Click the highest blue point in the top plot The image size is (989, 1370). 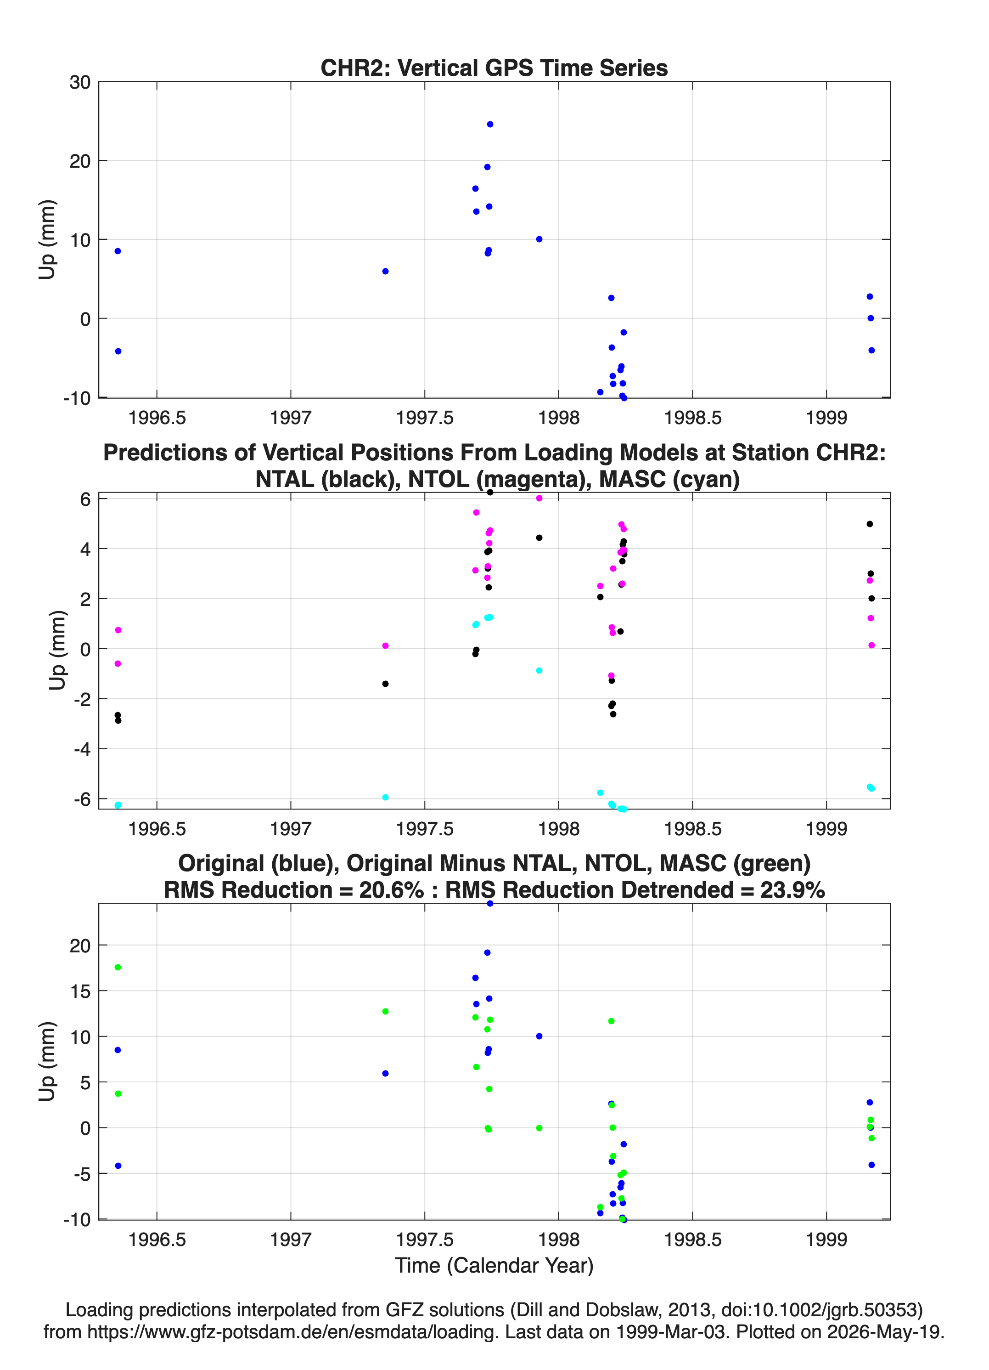point(489,125)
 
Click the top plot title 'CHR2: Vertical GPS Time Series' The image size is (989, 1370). point(494,68)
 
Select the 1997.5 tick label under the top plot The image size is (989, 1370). point(424,418)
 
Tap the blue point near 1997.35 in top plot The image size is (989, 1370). point(385,271)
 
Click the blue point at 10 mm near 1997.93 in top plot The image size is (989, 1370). point(539,239)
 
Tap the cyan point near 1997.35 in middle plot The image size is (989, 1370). point(385,798)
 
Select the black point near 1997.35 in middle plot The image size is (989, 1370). point(385,684)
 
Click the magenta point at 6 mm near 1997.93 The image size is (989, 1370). point(539,498)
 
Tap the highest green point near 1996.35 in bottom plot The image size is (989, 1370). point(118,967)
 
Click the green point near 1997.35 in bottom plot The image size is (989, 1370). point(385,1011)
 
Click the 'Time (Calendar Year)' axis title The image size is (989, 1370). point(494,1265)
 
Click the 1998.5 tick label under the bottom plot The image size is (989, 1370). point(692,1240)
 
